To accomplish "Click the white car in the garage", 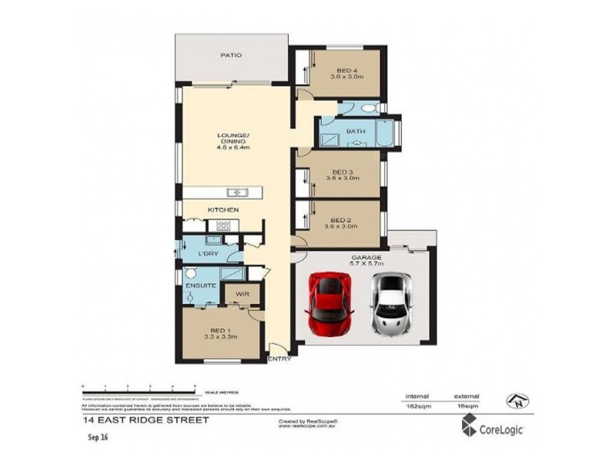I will click(390, 306).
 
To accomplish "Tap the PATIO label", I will click(231, 55).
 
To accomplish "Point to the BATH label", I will click(355, 132).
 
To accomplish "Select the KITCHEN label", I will click(223, 210).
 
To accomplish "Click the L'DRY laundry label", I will click(207, 253).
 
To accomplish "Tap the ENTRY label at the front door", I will click(279, 360).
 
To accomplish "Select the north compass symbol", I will click(517, 400).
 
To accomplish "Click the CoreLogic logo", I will click(493, 426).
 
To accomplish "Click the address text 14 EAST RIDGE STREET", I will click(145, 421).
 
